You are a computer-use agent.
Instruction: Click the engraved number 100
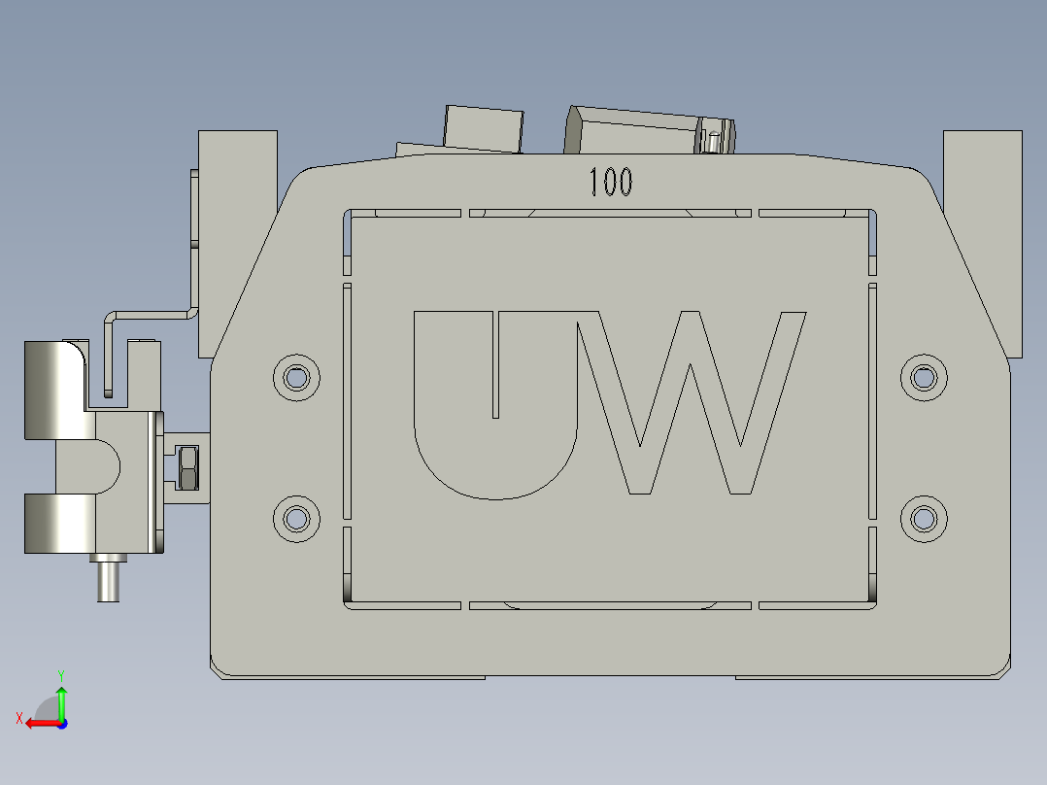pyautogui.click(x=611, y=182)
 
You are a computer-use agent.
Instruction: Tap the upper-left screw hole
pyautogui.click(x=296, y=376)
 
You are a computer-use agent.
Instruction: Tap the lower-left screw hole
pyautogui.click(x=296, y=519)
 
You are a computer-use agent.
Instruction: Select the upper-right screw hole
pyautogui.click(x=924, y=376)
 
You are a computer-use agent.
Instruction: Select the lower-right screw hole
pyautogui.click(x=924, y=519)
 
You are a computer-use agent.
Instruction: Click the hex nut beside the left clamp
pyautogui.click(x=188, y=467)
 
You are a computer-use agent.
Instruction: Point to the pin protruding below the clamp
pyautogui.click(x=108, y=580)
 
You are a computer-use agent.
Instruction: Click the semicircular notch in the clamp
pyautogui.click(x=107, y=466)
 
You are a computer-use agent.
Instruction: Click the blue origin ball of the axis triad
pyautogui.click(x=61, y=723)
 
